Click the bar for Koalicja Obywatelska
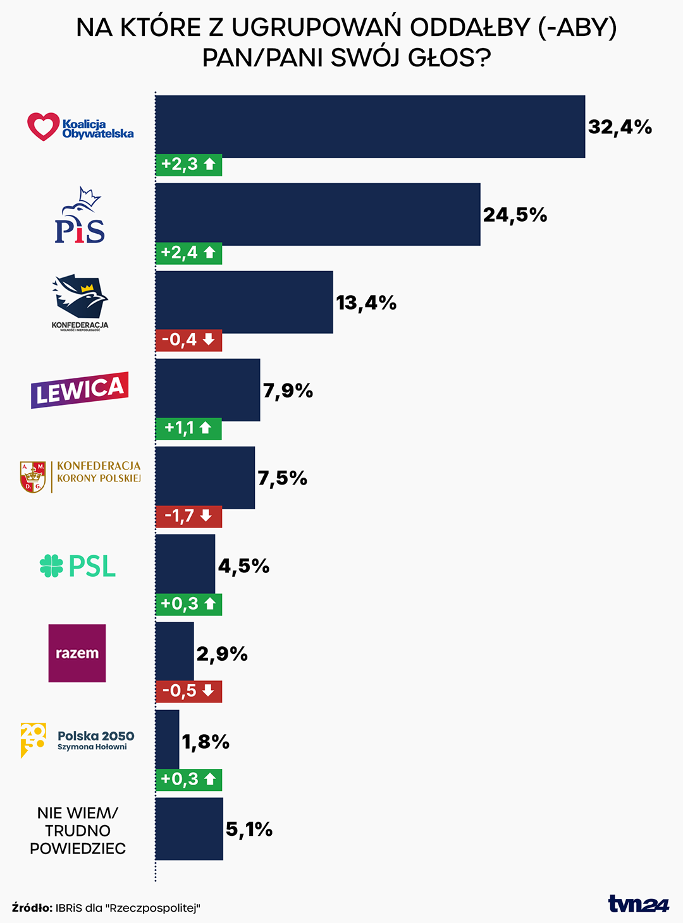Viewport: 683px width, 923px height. click(x=370, y=126)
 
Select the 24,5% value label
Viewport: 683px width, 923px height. click(x=515, y=215)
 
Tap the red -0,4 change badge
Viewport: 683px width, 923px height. click(x=188, y=340)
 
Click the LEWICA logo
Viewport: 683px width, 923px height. click(x=80, y=390)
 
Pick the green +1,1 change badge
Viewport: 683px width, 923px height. click(x=188, y=428)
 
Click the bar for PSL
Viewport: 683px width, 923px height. click(x=185, y=564)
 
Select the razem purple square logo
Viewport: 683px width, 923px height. click(x=77, y=653)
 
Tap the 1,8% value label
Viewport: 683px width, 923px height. click(x=206, y=741)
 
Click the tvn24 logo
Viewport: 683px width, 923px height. click(x=638, y=904)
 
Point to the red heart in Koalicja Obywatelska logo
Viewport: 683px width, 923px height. click(x=43, y=126)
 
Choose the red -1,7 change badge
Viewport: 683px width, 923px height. click(x=188, y=516)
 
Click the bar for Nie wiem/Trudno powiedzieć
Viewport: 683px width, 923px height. click(x=189, y=829)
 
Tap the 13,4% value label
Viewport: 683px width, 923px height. click(x=366, y=303)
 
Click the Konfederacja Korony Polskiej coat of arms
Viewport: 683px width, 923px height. click(x=33, y=476)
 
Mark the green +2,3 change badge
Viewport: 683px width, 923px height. click(x=188, y=165)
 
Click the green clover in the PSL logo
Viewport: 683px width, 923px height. click(x=51, y=565)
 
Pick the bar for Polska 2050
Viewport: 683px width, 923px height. click(x=168, y=740)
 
